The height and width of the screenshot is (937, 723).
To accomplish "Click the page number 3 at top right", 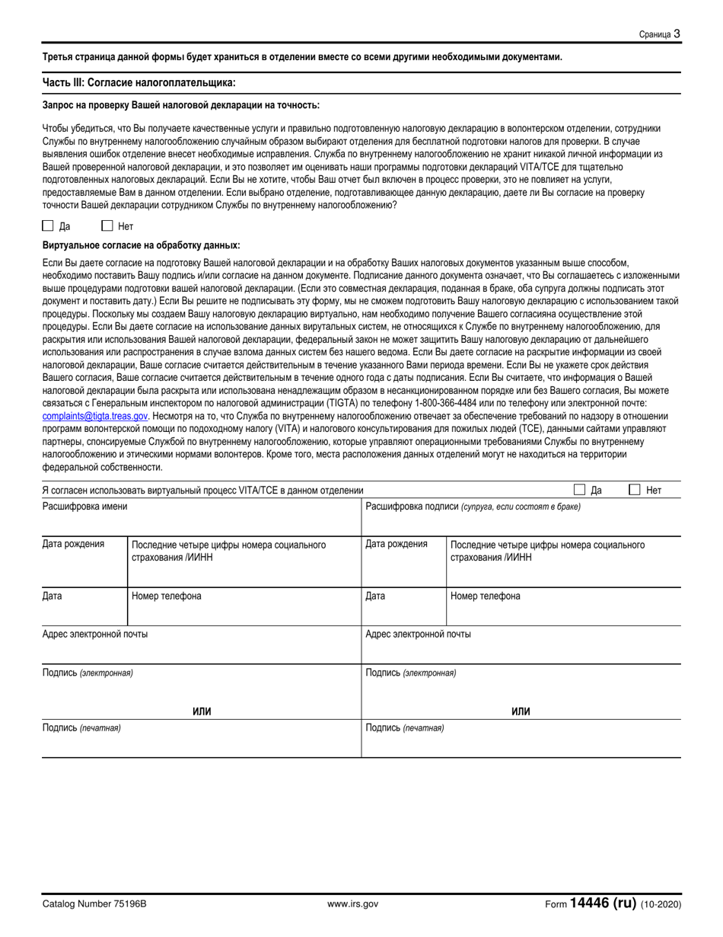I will pyautogui.click(x=677, y=34).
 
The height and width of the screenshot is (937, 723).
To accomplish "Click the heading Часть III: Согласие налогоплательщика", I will pyautogui.click(x=139, y=82).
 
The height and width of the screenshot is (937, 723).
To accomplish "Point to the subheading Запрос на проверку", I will pyautogui.click(x=180, y=106).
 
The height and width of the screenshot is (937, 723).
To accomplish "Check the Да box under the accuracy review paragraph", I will pyautogui.click(x=48, y=225).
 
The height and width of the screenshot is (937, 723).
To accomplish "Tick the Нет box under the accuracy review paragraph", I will pyautogui.click(x=107, y=225).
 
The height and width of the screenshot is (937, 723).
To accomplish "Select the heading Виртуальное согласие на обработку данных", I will pyautogui.click(x=141, y=245).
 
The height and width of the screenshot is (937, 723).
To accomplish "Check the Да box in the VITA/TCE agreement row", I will pyautogui.click(x=579, y=491).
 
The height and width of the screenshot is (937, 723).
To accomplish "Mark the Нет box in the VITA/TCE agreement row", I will pyautogui.click(x=635, y=491).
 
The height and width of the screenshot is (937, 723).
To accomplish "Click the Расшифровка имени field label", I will pyautogui.click(x=84, y=507).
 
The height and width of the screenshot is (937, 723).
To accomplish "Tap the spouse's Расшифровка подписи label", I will pyautogui.click(x=473, y=507).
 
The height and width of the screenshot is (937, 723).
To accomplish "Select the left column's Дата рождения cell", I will pyautogui.click(x=73, y=545).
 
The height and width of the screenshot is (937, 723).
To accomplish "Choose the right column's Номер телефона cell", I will pyautogui.click(x=486, y=596).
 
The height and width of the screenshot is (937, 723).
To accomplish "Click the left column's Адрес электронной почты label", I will pyautogui.click(x=95, y=634).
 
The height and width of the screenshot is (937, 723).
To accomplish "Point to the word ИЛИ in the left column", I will pyautogui.click(x=202, y=712).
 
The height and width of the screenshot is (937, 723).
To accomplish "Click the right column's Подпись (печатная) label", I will pyautogui.click(x=405, y=728).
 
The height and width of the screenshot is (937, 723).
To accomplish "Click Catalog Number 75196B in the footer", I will pyautogui.click(x=94, y=904).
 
